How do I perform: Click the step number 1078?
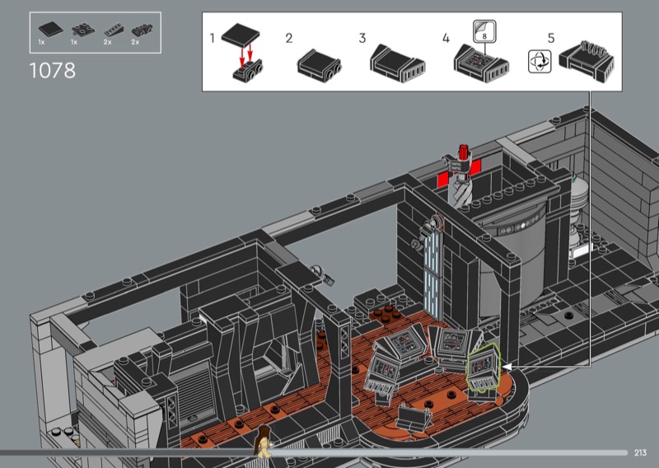[53, 71]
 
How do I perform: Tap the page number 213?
[641, 452]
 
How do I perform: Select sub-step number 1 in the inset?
[213, 38]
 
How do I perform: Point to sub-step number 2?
[289, 38]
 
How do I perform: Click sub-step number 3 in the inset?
[362, 38]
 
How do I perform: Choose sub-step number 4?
[446, 38]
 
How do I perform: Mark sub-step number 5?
[551, 38]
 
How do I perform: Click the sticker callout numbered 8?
[484, 31]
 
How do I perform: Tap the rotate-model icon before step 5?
[540, 62]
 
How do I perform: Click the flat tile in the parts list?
[50, 30]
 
